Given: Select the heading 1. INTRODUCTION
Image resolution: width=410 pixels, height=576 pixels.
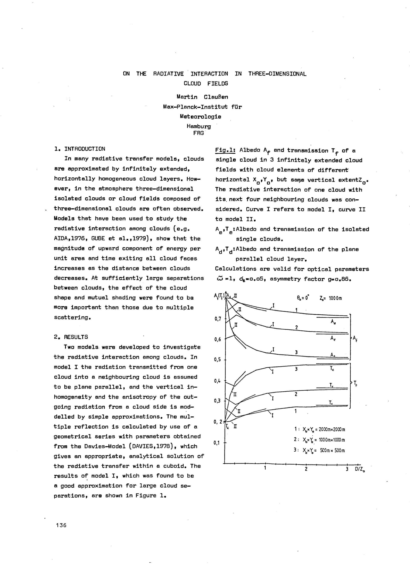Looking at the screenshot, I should pos(80,149).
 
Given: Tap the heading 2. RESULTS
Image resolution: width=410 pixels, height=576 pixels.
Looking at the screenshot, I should pos(71,337).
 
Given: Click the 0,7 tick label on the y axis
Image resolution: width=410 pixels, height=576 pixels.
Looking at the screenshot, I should pos(218,319).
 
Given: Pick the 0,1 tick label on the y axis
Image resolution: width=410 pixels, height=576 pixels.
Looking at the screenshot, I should pos(217,443).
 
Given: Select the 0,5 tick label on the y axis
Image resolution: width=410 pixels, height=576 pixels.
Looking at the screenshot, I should pos(218,360).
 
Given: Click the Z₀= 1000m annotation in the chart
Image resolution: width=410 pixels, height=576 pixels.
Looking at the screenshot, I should pos(330,298).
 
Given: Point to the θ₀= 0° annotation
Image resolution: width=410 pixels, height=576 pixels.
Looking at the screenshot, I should pos(303,298).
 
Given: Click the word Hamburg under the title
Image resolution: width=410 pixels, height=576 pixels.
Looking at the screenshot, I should pos(199,126).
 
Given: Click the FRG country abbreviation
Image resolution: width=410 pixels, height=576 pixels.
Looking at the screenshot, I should pos(198,133).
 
